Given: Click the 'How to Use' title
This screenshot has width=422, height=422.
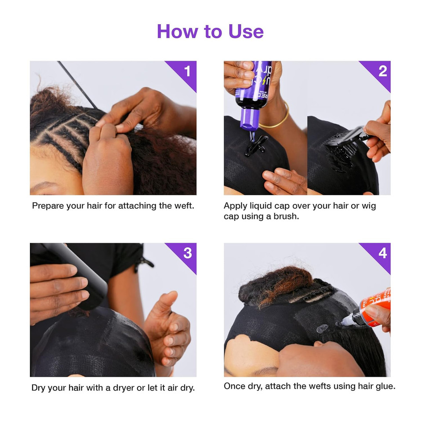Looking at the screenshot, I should [x=210, y=31].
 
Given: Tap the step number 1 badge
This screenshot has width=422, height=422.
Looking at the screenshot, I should [x=187, y=71].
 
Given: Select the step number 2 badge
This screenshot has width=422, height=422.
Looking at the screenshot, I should [x=382, y=71].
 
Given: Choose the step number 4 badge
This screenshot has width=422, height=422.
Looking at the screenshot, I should [x=382, y=253].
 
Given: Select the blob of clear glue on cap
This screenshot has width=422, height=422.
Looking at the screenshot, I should [x=322, y=328].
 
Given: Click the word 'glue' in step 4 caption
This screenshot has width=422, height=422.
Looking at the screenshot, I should [x=384, y=387].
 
